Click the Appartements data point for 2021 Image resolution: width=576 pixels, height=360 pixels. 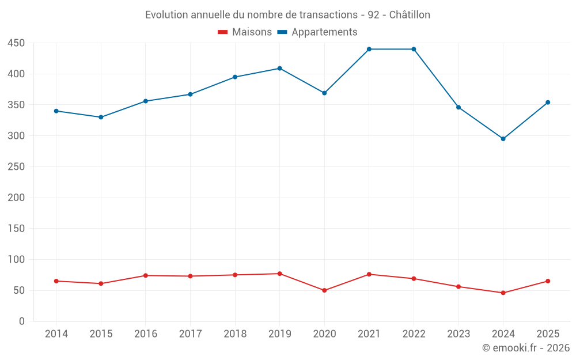pyautogui.click(x=369, y=49)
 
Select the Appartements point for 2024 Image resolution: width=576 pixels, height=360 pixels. pyautogui.click(x=503, y=139)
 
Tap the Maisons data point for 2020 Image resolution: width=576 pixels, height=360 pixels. pyautogui.click(x=324, y=290)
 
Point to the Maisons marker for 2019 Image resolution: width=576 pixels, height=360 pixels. pyautogui.click(x=279, y=274)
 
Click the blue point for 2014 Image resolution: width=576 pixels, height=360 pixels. pyautogui.click(x=56, y=111)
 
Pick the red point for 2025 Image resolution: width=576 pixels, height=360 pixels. pyautogui.click(x=548, y=281)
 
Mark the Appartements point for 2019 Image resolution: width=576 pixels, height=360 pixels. pyautogui.click(x=279, y=69)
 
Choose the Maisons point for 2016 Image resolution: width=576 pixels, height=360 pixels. pyautogui.click(x=146, y=275)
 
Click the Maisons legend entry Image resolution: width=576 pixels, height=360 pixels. pyautogui.click(x=245, y=32)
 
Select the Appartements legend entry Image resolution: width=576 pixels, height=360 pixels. pyautogui.click(x=317, y=32)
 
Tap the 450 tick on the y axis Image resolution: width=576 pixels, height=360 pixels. pyautogui.click(x=16, y=43)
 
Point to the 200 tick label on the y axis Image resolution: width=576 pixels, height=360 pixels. pyautogui.click(x=16, y=198)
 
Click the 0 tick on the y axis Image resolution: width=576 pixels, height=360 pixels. pyautogui.click(x=22, y=321)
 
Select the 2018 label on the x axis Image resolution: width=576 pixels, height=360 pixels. pyautogui.click(x=235, y=334)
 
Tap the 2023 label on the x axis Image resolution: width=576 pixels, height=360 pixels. pyautogui.click(x=458, y=334)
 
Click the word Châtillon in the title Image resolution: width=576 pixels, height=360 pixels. pyautogui.click(x=410, y=15)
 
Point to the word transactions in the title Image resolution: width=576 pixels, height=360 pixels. pyautogui.click(x=328, y=15)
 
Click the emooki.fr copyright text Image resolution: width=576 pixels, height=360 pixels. pyautogui.click(x=526, y=347)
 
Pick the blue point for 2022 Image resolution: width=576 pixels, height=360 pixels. pyautogui.click(x=414, y=49)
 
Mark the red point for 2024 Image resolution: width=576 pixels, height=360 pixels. pyautogui.click(x=503, y=293)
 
